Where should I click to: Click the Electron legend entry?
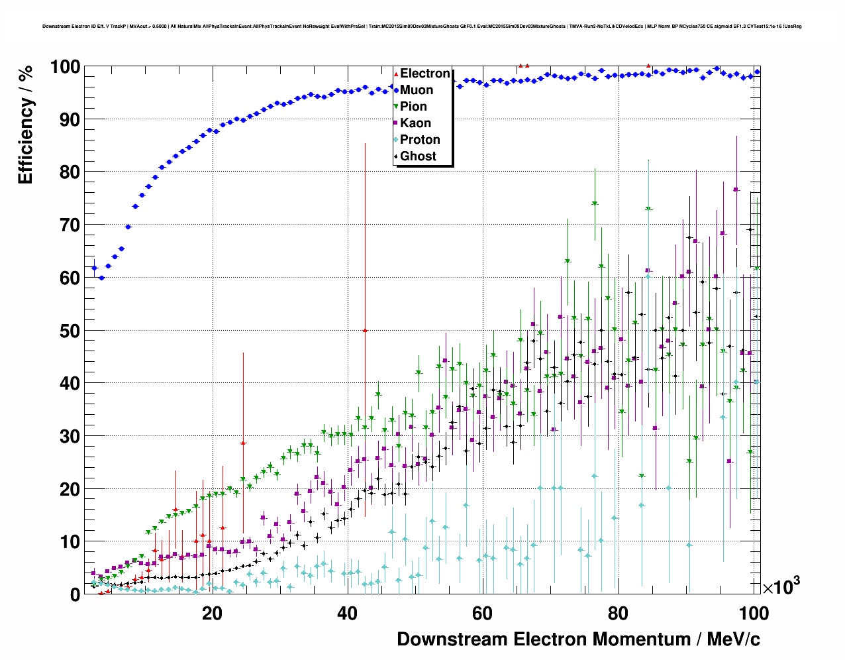coord(424,74)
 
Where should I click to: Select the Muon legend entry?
coord(416,90)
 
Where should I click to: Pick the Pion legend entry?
coord(413,107)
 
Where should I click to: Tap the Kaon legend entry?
coord(415,123)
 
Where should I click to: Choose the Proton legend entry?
coord(420,140)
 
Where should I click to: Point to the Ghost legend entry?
coord(418,156)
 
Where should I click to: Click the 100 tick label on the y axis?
coord(65,67)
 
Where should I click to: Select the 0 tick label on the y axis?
coord(75,594)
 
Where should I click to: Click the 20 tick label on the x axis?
coord(212,614)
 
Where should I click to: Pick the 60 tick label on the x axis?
coord(482,614)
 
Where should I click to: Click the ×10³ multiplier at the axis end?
coord(781,586)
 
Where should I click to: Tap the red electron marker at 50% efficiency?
coord(365,330)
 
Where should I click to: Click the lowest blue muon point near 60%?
coord(101,278)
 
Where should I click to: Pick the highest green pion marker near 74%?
coord(595,203)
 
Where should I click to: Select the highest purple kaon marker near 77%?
coord(736,190)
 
